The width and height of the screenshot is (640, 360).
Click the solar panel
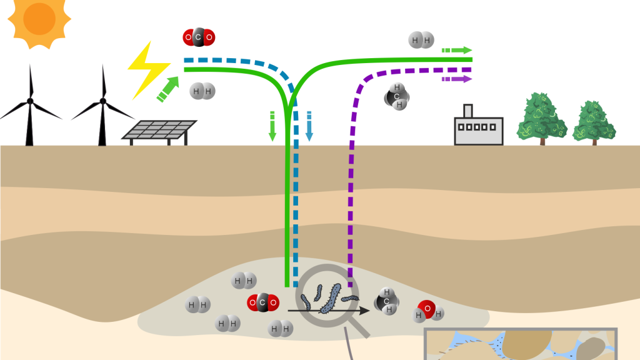pos(159,129)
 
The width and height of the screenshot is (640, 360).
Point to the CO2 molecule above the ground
pos(198,37)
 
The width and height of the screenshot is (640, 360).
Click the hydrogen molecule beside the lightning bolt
pos(201,91)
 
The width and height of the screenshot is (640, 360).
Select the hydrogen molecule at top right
pos(421,41)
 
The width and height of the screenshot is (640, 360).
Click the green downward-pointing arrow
pos(272,126)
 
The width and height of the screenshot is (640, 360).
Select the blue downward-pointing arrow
pos(309,126)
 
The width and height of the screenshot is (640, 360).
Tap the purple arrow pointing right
pos(457,79)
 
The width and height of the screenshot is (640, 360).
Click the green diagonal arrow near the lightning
pos(167,88)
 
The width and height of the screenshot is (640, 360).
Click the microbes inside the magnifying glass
pos(326,298)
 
